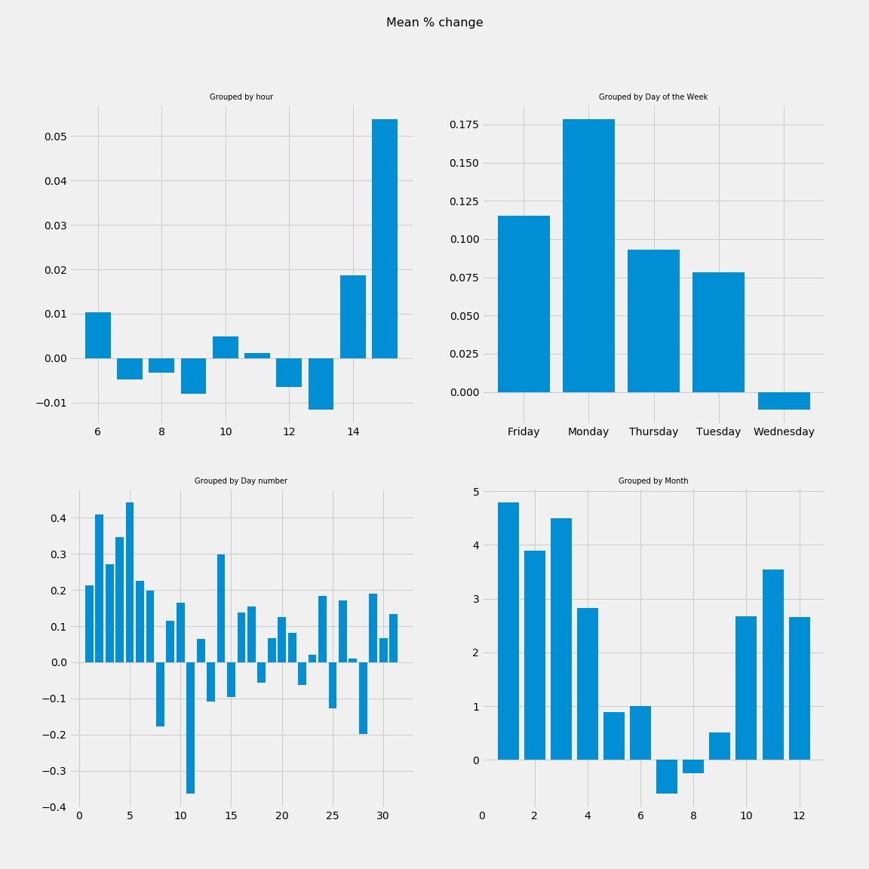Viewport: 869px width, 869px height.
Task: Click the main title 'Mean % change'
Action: [434, 23]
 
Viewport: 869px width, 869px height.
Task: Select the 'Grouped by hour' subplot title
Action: [241, 97]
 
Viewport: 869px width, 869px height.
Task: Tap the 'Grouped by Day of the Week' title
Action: [653, 97]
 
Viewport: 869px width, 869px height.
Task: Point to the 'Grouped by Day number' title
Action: [241, 481]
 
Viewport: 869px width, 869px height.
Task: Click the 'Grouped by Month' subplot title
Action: [653, 481]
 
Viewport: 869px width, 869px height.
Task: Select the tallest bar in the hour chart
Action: [385, 238]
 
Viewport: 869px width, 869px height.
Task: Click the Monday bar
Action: [588, 256]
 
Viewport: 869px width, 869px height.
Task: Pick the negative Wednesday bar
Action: [784, 401]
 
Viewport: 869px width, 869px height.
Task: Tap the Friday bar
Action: [524, 304]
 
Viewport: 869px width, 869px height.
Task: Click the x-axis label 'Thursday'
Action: [653, 432]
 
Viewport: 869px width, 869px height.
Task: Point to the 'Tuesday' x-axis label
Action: [718, 432]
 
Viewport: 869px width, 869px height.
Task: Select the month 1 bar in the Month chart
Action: [508, 631]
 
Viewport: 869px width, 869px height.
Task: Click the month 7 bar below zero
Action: [667, 776]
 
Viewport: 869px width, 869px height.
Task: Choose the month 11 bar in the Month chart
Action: [773, 665]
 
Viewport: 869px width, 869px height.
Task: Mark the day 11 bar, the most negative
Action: [190, 728]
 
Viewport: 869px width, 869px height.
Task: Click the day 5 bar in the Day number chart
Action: [130, 582]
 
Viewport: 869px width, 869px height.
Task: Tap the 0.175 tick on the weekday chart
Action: [464, 124]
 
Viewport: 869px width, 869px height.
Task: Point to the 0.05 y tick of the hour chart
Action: [55, 137]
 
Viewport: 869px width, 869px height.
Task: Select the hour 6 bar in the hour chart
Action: [98, 335]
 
